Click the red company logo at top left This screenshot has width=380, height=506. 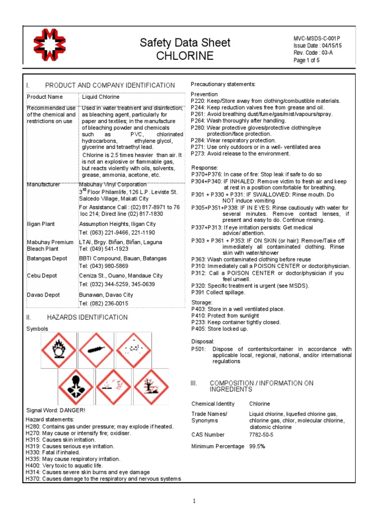[52, 48]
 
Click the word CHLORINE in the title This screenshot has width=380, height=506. [185, 56]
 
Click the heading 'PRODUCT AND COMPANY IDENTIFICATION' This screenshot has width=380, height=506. [110, 85]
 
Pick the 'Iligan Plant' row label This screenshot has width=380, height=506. [42, 224]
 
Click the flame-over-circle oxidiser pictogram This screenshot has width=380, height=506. [59, 349]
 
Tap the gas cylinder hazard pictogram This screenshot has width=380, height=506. [97, 349]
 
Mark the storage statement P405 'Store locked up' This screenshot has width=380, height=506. [220, 329]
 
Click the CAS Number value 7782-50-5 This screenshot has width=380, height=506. [261, 435]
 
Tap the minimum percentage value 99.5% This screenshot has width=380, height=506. [257, 446]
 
